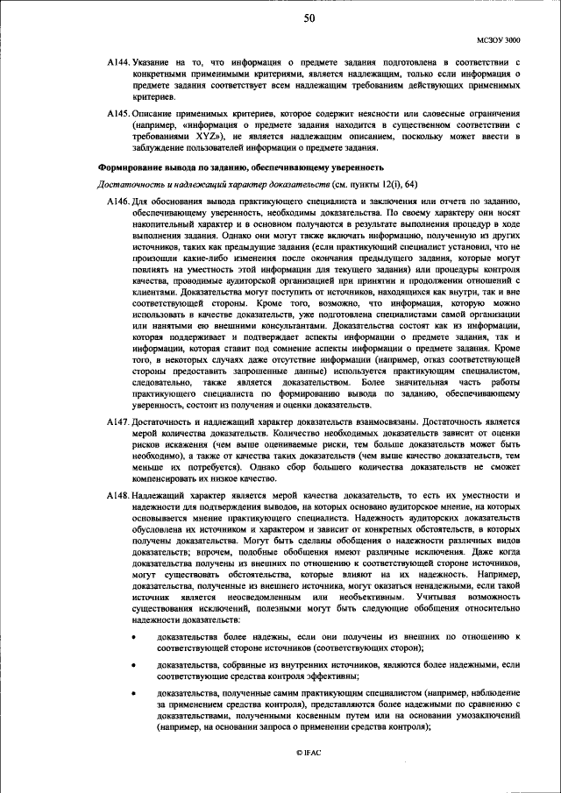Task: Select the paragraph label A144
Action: pos(118,64)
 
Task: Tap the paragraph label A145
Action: pos(118,115)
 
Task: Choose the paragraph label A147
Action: pos(118,422)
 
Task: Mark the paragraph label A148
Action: pos(118,496)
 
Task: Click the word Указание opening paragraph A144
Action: pos(155,64)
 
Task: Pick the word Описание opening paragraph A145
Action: pos(156,115)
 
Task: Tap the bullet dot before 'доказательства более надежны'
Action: pos(133,636)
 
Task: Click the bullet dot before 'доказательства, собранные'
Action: pos(133,665)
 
